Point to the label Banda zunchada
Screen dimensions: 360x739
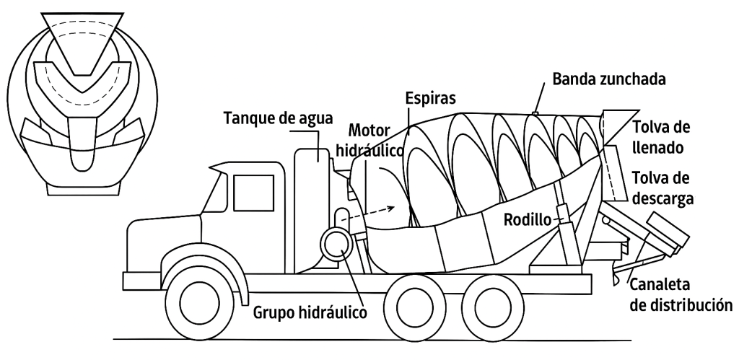point(603,77)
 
